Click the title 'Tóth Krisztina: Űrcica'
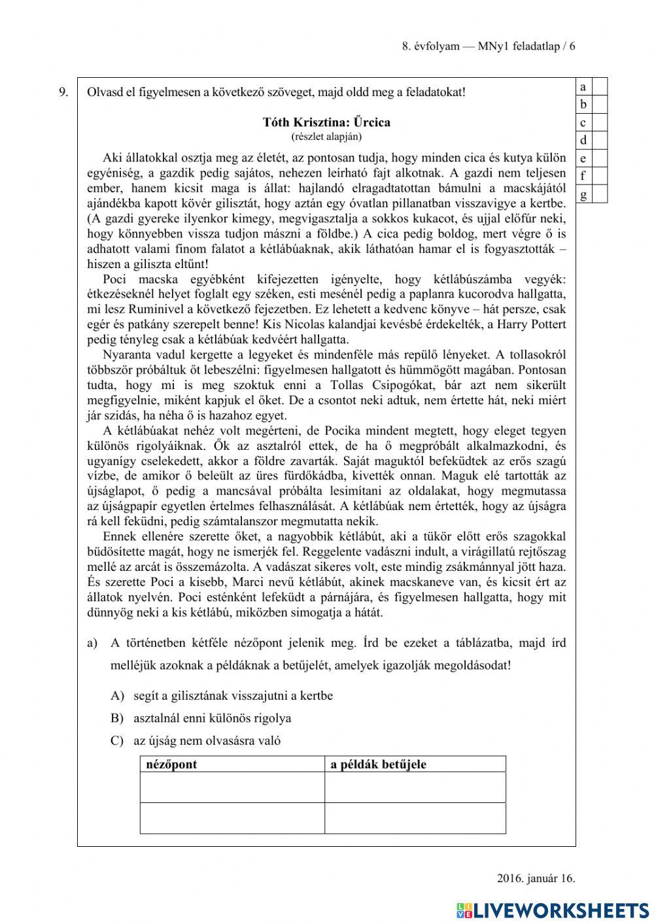click(x=326, y=122)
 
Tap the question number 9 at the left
click(x=63, y=92)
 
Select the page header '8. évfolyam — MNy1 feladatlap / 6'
click(x=489, y=46)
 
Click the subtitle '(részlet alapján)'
click(x=326, y=137)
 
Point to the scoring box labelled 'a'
click(x=600, y=86)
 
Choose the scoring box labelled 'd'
click(x=600, y=141)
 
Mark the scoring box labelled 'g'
click(x=600, y=194)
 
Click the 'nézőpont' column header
click(x=171, y=764)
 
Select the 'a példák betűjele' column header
click(x=379, y=764)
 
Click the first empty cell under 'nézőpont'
click(x=232, y=787)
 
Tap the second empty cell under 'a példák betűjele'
click(x=415, y=818)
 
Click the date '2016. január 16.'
click(x=536, y=878)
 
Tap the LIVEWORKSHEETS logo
click(x=553, y=910)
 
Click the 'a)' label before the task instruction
click(x=92, y=643)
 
